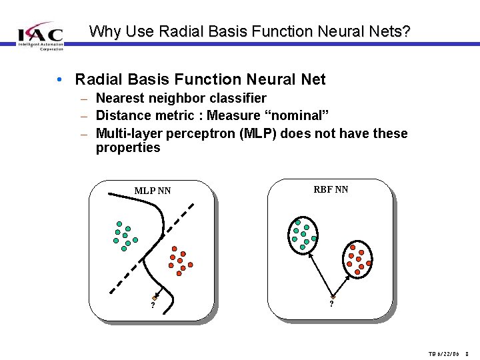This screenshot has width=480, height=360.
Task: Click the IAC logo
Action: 40,35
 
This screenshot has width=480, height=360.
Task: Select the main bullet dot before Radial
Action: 61,80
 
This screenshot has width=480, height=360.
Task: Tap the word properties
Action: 128,147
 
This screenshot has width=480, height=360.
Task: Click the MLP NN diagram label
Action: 153,191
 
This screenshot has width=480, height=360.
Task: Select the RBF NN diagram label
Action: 331,189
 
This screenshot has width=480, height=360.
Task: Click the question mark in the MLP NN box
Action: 153,305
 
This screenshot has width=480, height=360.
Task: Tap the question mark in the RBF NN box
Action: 331,305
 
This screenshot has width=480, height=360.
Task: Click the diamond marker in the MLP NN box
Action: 155,297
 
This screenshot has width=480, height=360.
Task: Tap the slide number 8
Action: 467,354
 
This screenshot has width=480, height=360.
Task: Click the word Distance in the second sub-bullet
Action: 122,115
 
